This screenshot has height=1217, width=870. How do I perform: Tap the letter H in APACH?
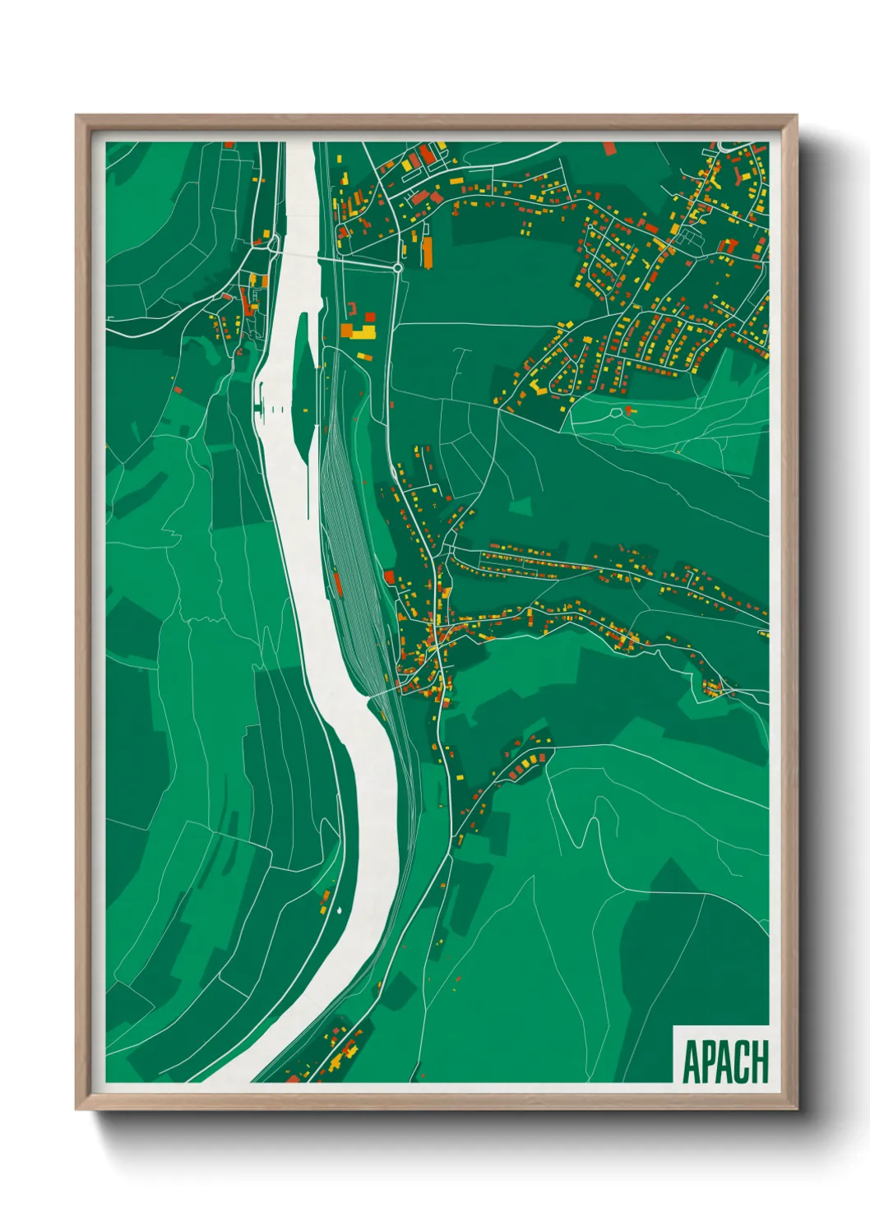click(x=758, y=1062)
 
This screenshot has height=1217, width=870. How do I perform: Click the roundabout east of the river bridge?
click(x=397, y=268)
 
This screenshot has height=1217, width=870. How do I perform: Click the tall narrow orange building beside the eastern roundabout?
click(x=427, y=252)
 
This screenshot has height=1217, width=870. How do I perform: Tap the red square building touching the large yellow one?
click(x=369, y=317)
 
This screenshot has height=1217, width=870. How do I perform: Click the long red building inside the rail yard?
click(x=338, y=584)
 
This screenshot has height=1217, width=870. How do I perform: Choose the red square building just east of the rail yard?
click(x=389, y=577)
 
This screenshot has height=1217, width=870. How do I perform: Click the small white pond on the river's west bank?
click(x=338, y=909)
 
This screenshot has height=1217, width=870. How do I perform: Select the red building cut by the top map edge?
click(x=609, y=148)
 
